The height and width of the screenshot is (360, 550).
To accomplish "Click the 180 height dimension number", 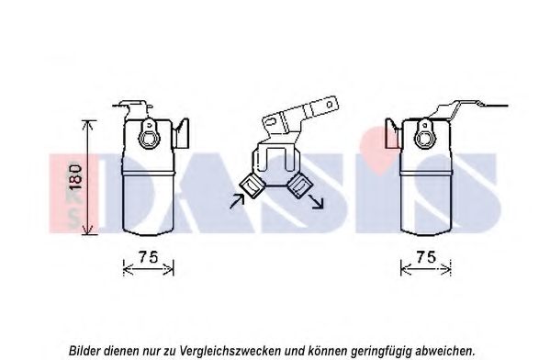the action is (x=76, y=176).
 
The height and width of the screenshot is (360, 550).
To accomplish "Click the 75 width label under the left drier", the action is (x=148, y=257).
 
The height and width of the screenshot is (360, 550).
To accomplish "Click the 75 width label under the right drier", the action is (x=426, y=257).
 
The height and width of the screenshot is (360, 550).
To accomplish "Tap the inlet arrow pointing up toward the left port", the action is (x=237, y=201).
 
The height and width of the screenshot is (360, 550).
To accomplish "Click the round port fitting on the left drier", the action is (x=150, y=135).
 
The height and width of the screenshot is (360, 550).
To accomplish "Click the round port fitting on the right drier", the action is (x=424, y=135).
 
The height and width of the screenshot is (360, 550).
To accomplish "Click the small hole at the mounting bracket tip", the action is (x=330, y=104).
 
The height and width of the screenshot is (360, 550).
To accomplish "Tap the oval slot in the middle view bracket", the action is (x=271, y=121).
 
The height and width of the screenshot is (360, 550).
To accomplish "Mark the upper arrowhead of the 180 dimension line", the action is (x=89, y=124).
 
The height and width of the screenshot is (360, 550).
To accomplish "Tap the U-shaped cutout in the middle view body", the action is (x=275, y=159).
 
